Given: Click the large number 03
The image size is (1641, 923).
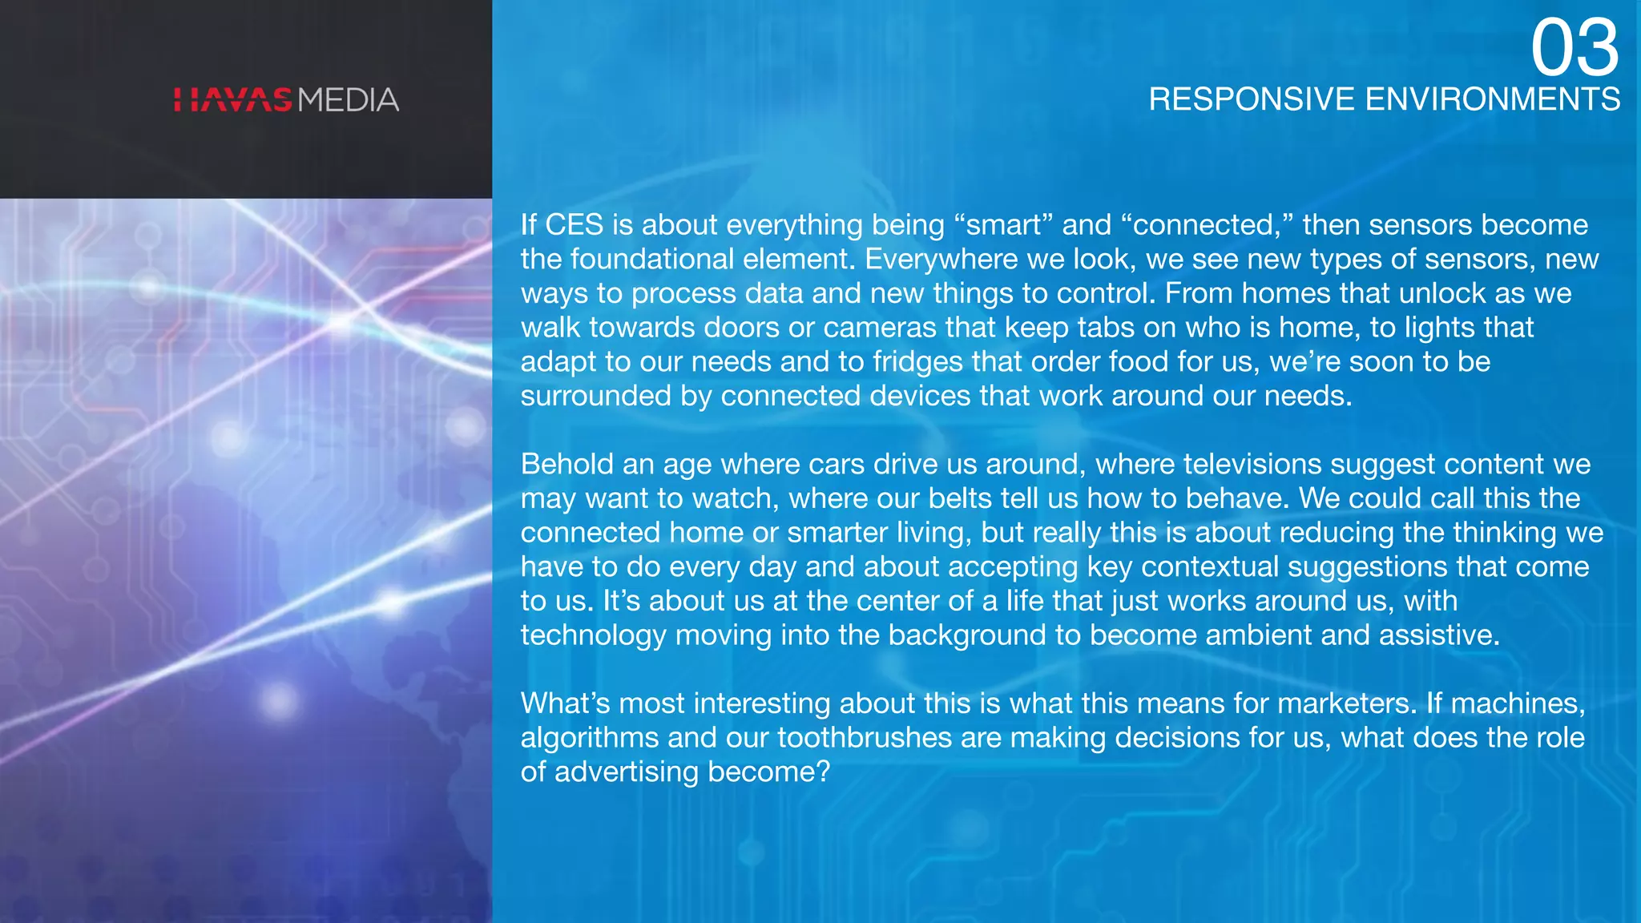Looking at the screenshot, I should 1574,48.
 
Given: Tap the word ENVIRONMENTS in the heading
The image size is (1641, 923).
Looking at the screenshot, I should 1493,99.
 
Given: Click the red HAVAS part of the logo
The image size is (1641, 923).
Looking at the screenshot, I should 233,100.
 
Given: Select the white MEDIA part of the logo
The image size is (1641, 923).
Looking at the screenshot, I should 349,100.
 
